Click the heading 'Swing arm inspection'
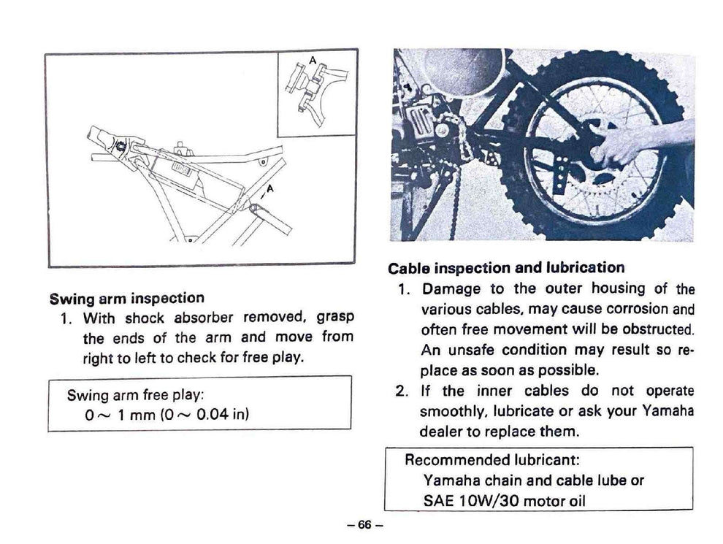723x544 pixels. pos(126,298)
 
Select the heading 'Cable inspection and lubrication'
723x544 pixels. pos(506,268)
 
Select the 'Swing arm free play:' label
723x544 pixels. pos(135,395)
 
